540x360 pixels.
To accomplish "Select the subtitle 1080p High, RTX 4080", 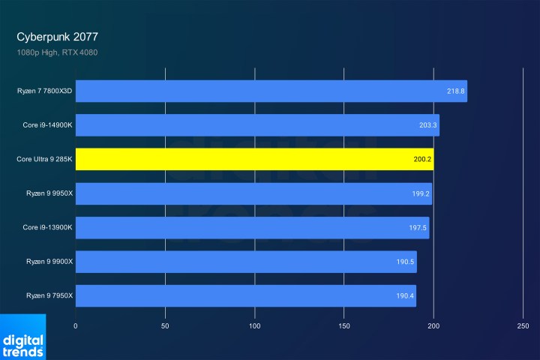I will (x=57, y=52).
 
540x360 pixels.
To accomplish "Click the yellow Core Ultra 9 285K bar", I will (x=254, y=159).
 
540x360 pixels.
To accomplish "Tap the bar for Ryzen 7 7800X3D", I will (x=271, y=91).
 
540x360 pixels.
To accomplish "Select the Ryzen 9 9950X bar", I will (x=253, y=193).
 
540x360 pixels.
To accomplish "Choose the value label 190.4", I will (x=404, y=296).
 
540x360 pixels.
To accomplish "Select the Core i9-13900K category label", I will (x=47, y=227).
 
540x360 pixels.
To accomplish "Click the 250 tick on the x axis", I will (x=523, y=326).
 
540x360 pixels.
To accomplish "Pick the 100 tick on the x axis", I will (x=255, y=326).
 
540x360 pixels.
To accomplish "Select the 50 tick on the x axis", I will (x=165, y=326).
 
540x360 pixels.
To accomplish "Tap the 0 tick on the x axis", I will (x=76, y=326).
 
